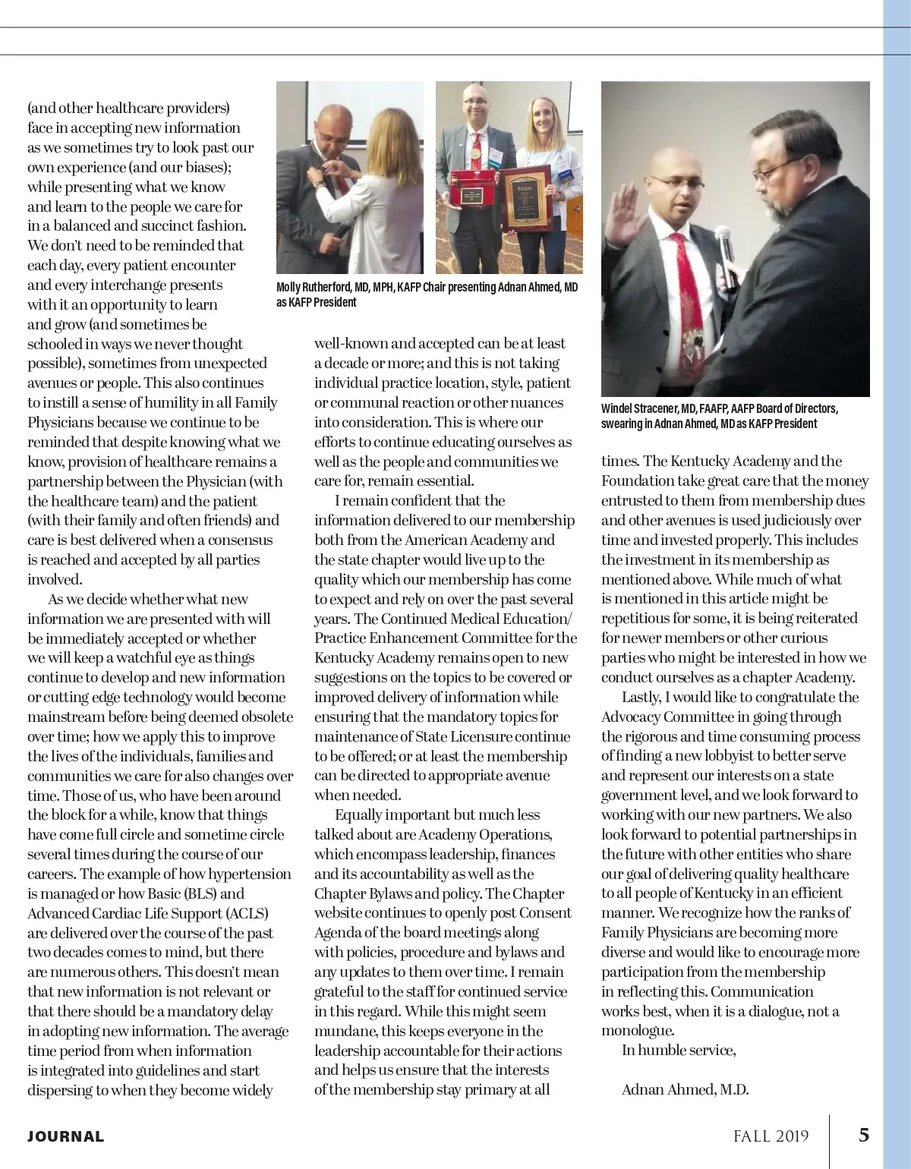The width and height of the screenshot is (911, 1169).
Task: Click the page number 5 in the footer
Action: click(x=864, y=1135)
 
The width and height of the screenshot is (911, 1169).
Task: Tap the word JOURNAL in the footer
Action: click(x=66, y=1136)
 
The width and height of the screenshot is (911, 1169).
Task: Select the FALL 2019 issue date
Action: click(x=771, y=1136)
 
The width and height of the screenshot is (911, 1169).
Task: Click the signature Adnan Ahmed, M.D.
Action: click(x=685, y=1089)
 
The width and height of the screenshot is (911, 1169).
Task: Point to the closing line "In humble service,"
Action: click(x=679, y=1050)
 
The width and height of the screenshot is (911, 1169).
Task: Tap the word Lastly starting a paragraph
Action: click(x=641, y=697)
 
